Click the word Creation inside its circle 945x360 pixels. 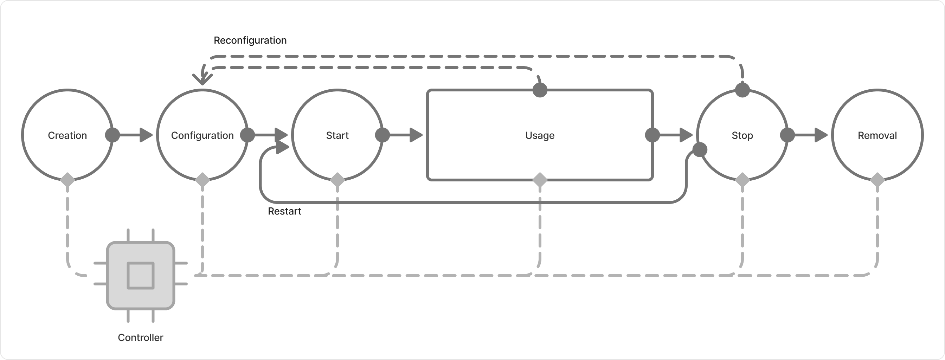[x=67, y=135]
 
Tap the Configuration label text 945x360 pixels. [x=202, y=135]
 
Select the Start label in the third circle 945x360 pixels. [x=337, y=135]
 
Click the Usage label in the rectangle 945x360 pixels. [x=540, y=135]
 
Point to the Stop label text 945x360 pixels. [x=742, y=135]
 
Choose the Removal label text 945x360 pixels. [x=877, y=135]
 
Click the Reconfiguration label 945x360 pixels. [x=250, y=40]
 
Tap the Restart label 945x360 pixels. [x=285, y=211]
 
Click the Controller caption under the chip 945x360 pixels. [x=141, y=337]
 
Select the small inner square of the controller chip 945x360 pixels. [x=141, y=276]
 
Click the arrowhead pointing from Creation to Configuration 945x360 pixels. [x=146, y=135]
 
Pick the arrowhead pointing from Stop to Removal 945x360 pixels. [x=821, y=135]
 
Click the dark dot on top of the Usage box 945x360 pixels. [x=540, y=90]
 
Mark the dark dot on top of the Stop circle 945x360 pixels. [x=742, y=90]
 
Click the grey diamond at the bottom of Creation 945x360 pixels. [x=67, y=180]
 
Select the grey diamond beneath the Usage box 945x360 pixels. [x=540, y=180]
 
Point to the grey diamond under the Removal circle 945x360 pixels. [x=877, y=180]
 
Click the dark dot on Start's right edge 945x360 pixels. [x=382, y=135]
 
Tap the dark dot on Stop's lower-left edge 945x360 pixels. [x=700, y=150]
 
